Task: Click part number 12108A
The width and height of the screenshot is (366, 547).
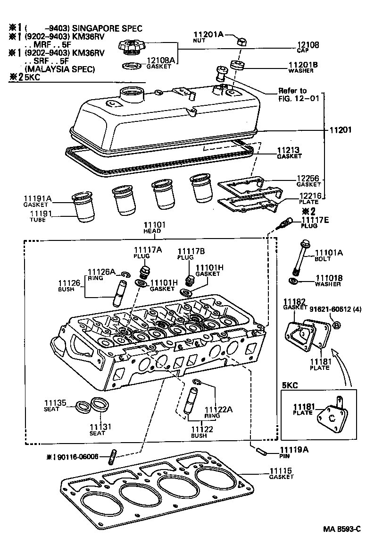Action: click(161, 61)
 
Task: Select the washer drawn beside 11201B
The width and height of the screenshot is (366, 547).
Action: click(236, 65)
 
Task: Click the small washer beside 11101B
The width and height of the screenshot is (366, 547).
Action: click(293, 282)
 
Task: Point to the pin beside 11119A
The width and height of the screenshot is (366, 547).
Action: click(262, 451)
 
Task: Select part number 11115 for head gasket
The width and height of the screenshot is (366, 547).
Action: click(281, 471)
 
